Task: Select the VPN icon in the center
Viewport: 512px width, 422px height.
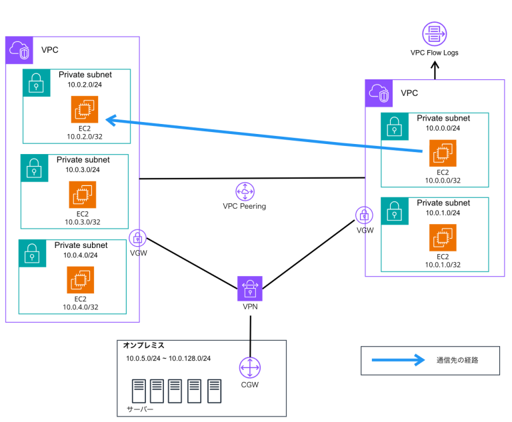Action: (x=250, y=289)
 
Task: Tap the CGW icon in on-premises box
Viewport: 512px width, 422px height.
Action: (x=249, y=368)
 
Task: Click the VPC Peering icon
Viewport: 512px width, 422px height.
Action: (x=245, y=191)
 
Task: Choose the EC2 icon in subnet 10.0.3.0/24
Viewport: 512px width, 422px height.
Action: (x=82, y=194)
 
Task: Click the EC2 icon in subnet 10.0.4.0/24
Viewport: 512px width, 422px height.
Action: (x=80, y=279)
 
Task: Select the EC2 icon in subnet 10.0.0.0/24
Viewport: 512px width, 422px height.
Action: (x=443, y=153)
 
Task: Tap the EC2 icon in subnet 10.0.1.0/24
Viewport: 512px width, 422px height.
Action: (x=443, y=238)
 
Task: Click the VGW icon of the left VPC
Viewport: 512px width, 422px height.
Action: (x=138, y=237)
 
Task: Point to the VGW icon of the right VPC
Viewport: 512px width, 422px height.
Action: (x=364, y=215)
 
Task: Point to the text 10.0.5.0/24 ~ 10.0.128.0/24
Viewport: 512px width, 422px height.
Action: (x=168, y=359)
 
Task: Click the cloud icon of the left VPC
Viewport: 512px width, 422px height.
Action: (x=19, y=50)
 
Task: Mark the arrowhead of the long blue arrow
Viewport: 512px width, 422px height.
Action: (x=112, y=120)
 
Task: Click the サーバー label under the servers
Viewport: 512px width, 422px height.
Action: (x=141, y=408)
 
